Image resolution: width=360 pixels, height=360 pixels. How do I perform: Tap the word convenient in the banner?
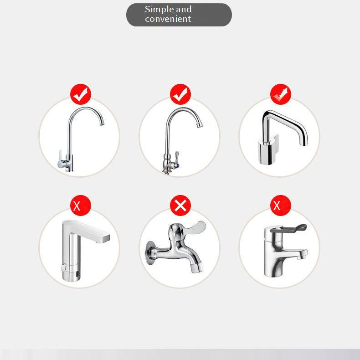click(x=168, y=19)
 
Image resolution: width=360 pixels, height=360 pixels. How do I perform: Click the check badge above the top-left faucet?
click(x=81, y=94)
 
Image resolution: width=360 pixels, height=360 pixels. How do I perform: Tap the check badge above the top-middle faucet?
click(x=180, y=94)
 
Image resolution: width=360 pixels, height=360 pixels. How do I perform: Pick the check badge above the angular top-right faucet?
click(x=281, y=94)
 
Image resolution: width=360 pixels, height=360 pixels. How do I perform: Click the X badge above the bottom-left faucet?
click(x=81, y=206)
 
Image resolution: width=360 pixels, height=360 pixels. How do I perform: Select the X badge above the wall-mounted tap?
click(x=180, y=206)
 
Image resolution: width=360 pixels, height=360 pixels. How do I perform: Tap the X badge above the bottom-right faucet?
click(x=281, y=206)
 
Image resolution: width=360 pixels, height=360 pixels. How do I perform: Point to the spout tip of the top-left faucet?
click(x=102, y=123)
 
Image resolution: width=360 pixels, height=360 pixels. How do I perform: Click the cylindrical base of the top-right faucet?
click(x=266, y=153)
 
